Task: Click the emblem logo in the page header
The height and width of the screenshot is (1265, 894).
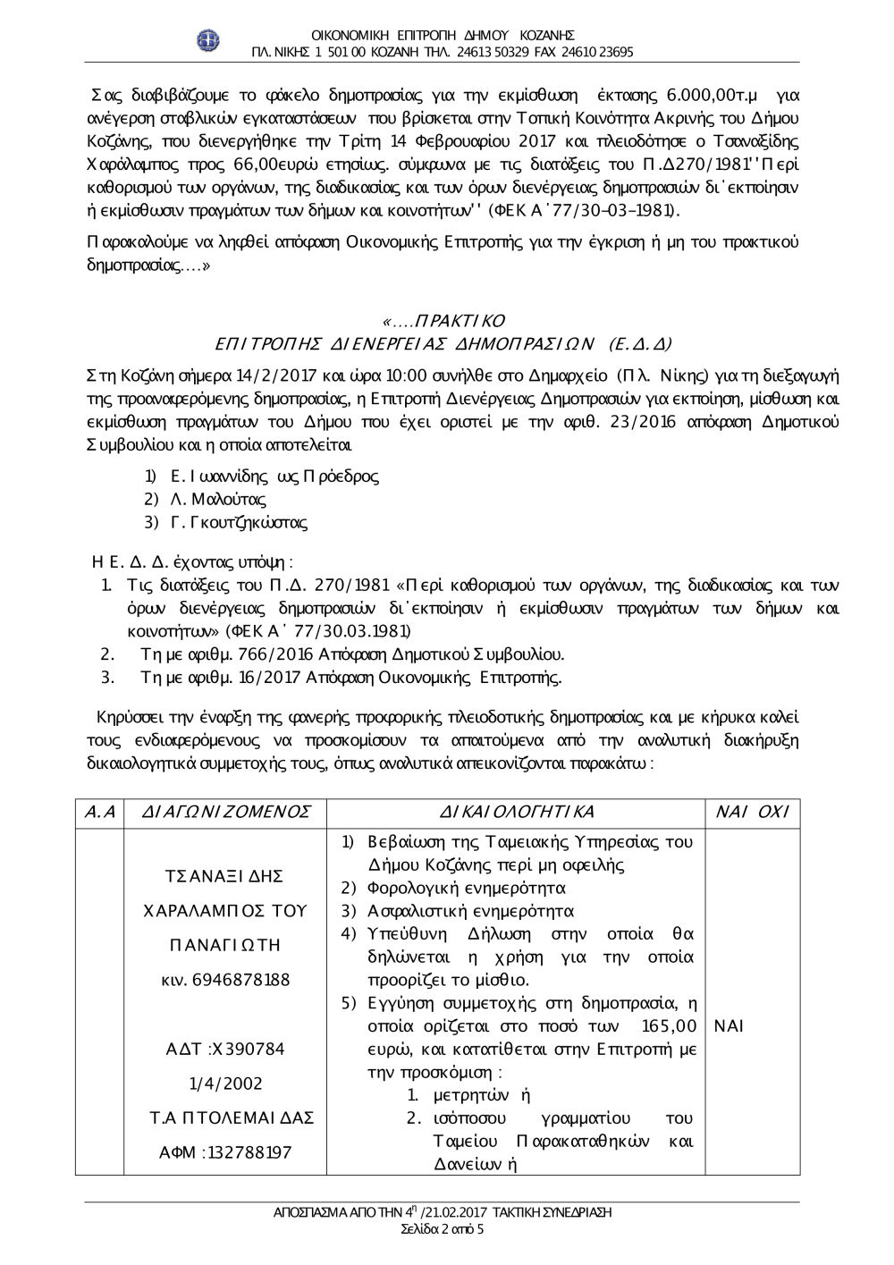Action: [208, 41]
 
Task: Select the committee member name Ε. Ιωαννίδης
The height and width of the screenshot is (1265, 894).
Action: [215, 476]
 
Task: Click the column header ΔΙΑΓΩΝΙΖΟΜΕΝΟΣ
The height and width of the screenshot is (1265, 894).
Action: [227, 812]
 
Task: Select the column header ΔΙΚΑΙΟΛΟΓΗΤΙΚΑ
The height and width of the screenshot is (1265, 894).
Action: [517, 812]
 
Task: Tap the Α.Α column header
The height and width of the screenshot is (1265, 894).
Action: [99, 812]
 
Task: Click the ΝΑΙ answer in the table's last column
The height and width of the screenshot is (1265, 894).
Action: [730, 1025]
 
